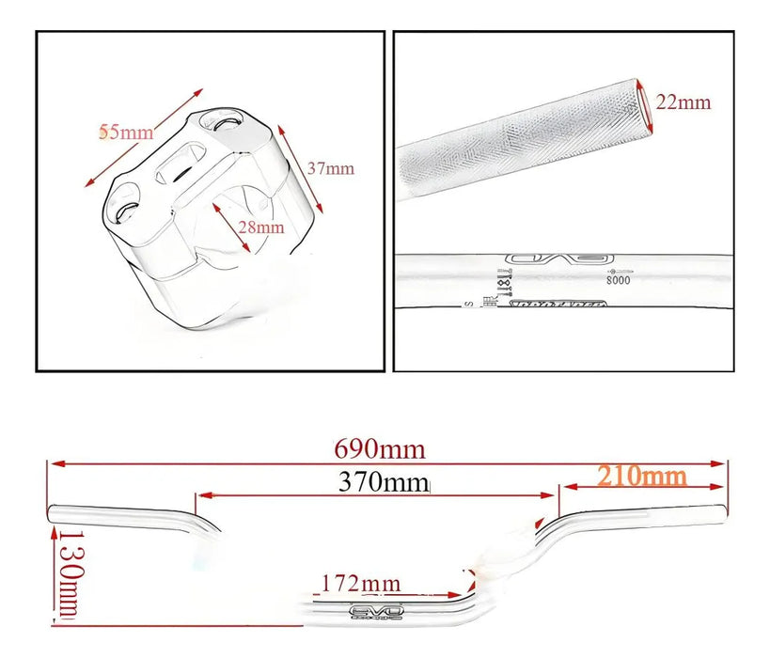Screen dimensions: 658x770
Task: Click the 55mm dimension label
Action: [x=126, y=133]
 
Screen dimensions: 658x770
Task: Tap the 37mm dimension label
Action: [x=331, y=168]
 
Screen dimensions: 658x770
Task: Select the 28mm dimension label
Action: [x=260, y=227]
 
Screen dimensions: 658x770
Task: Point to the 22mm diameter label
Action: [x=684, y=102]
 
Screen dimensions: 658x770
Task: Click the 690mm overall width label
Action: [x=380, y=448]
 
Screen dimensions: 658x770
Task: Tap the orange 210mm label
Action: [x=641, y=476]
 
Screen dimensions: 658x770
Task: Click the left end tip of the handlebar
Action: [x=52, y=513]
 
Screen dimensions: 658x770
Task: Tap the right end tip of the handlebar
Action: [x=723, y=511]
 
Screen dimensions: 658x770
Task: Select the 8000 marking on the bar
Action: [x=618, y=279]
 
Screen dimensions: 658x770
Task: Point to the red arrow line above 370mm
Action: [x=375, y=496]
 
